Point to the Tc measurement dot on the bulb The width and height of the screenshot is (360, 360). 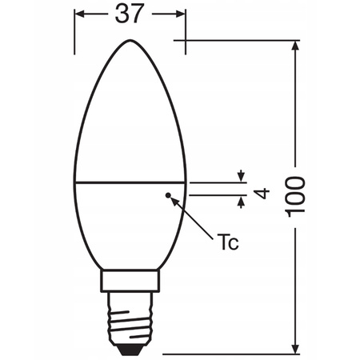click(167, 194)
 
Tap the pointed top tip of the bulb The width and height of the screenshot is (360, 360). click(130, 39)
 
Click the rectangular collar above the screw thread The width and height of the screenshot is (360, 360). click(130, 281)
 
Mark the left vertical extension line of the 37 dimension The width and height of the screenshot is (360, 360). click(75, 32)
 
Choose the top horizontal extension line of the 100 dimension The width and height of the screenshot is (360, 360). click(240, 39)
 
